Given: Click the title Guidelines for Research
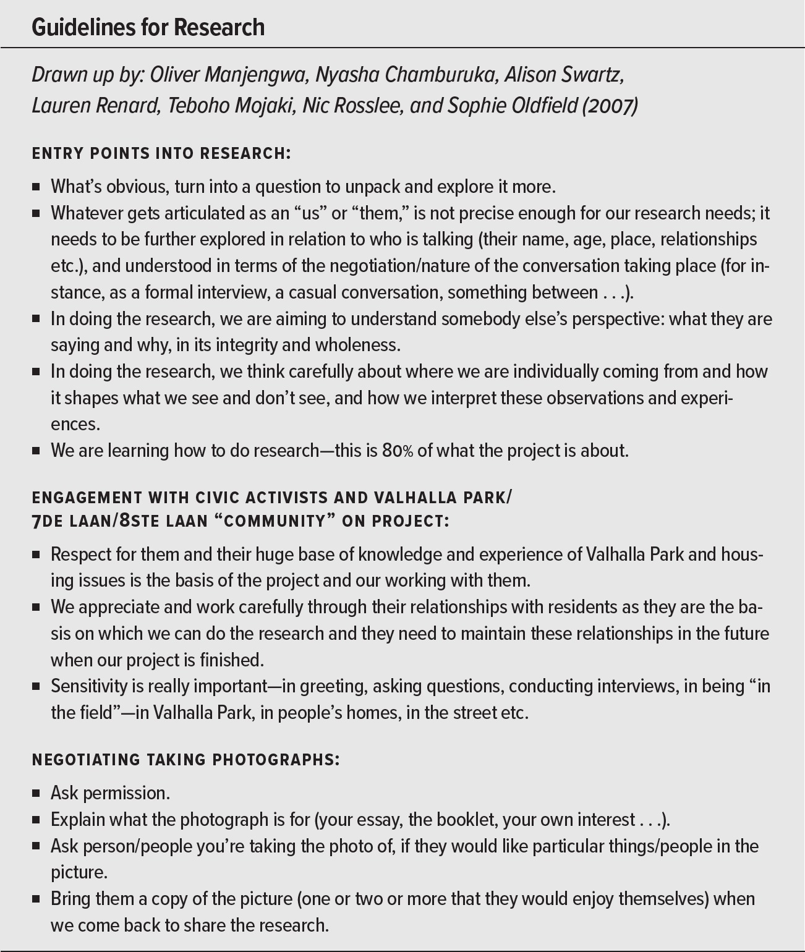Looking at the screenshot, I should (148, 27).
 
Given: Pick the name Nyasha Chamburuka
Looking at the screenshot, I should (406, 75).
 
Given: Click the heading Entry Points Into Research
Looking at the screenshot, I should (161, 153).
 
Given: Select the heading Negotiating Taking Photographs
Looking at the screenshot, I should (185, 760).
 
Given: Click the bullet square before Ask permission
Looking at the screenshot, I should (36, 793).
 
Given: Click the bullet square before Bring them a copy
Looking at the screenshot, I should (36, 899).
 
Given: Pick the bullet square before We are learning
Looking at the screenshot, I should (36, 451).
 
